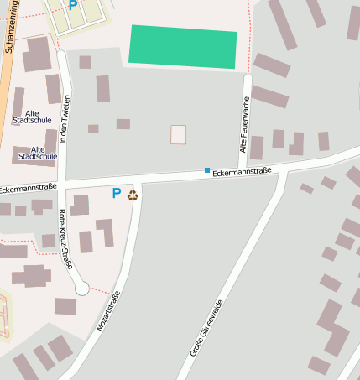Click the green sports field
[183, 46]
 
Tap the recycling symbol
[132, 195]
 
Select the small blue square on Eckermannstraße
[207, 170]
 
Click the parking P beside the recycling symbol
[117, 193]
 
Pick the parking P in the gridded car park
[73, 5]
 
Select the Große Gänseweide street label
[206, 328]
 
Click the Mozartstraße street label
[108, 311]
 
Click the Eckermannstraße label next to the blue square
[243, 170]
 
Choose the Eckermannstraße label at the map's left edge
[28, 186]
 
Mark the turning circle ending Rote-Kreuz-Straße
[82, 289]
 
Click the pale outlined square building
[178, 134]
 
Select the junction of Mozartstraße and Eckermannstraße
[137, 180]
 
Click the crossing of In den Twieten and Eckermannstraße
[62, 184]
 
